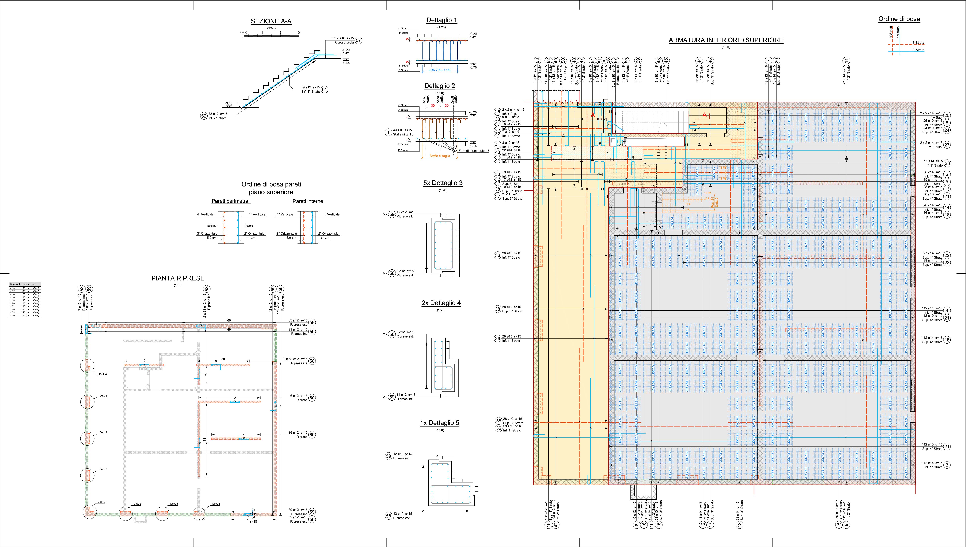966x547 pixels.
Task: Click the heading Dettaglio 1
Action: [442, 20]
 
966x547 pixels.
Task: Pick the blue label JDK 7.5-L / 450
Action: [440, 70]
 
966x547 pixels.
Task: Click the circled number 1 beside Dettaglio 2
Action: [388, 132]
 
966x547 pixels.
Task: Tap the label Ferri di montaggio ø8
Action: [474, 151]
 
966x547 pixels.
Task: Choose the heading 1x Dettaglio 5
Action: [439, 423]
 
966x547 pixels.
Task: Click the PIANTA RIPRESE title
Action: [178, 278]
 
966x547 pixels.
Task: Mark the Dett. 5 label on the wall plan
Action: [101, 502]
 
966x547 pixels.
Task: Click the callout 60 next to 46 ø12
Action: [312, 398]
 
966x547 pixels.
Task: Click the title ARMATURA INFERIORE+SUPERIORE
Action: [726, 40]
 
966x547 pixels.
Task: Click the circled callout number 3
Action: [947, 465]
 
